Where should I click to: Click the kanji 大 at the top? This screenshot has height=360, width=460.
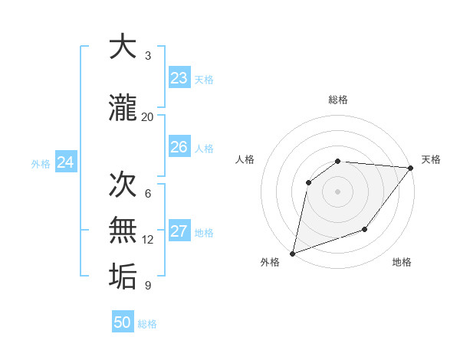[x=123, y=47]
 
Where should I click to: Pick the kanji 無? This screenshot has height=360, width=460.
[x=123, y=231]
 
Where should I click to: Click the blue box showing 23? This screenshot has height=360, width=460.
[x=179, y=78]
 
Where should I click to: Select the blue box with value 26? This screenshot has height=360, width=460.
[x=179, y=147]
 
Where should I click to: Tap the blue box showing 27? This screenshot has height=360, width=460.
[x=179, y=231]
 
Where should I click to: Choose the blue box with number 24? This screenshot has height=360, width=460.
[x=65, y=162]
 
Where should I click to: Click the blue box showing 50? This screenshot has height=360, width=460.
[x=123, y=322]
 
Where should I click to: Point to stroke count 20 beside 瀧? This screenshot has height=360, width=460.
[x=147, y=116]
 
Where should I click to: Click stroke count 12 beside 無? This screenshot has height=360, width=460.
[x=147, y=240]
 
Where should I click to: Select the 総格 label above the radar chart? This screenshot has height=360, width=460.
[x=337, y=100]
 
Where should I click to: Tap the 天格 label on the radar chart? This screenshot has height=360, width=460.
[x=431, y=159]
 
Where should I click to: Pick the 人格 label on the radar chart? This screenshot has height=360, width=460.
[x=245, y=159]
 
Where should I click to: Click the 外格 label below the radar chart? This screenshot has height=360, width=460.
[x=270, y=262]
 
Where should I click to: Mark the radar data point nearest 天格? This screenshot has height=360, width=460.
[x=410, y=168]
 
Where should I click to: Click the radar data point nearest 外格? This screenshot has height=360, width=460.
[x=293, y=253]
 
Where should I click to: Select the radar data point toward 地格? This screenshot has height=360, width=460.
[x=365, y=229]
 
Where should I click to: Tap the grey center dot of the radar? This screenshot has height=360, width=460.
[x=337, y=191]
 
